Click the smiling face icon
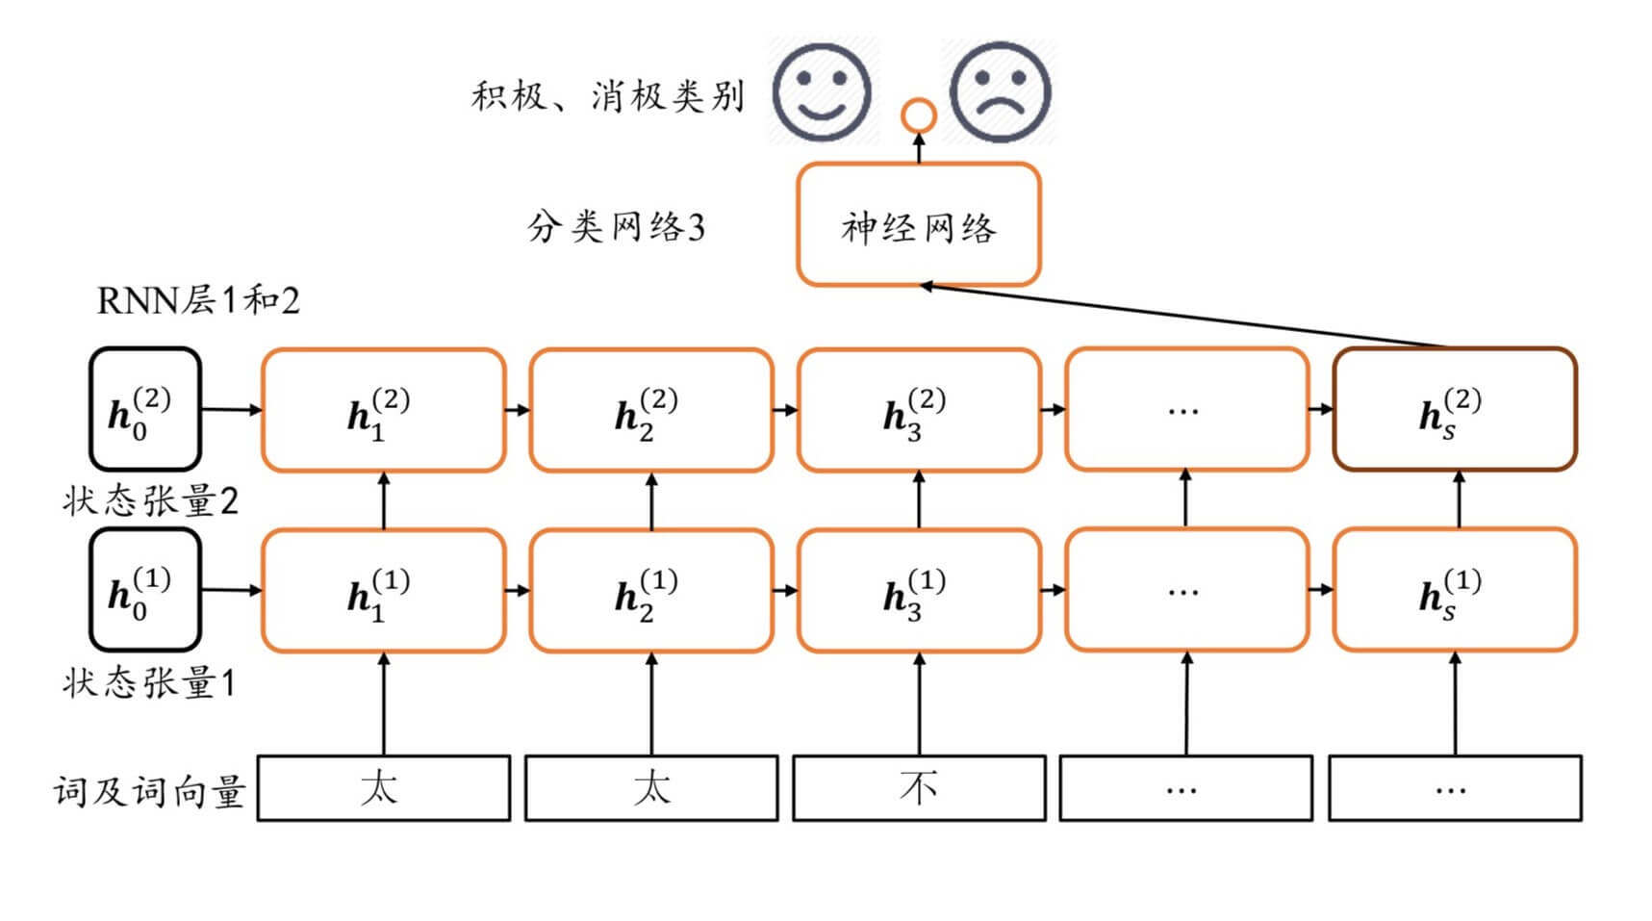(x=823, y=92)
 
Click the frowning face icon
(x=1000, y=92)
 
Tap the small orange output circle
(x=919, y=115)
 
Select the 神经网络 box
(x=919, y=226)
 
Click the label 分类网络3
(x=616, y=228)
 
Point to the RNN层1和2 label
(x=198, y=301)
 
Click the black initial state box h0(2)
(x=144, y=410)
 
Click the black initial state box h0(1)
(x=144, y=590)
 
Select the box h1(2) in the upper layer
(x=383, y=410)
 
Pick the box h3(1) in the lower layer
(x=919, y=590)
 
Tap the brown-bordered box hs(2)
(x=1454, y=410)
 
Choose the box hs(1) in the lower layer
(x=1454, y=590)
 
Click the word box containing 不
(x=919, y=788)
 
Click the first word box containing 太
(x=383, y=788)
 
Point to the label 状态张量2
(x=149, y=501)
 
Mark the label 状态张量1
(x=149, y=683)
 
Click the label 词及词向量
(x=149, y=792)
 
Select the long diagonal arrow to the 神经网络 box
(x=1183, y=315)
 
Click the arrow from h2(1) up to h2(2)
(x=651, y=500)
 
